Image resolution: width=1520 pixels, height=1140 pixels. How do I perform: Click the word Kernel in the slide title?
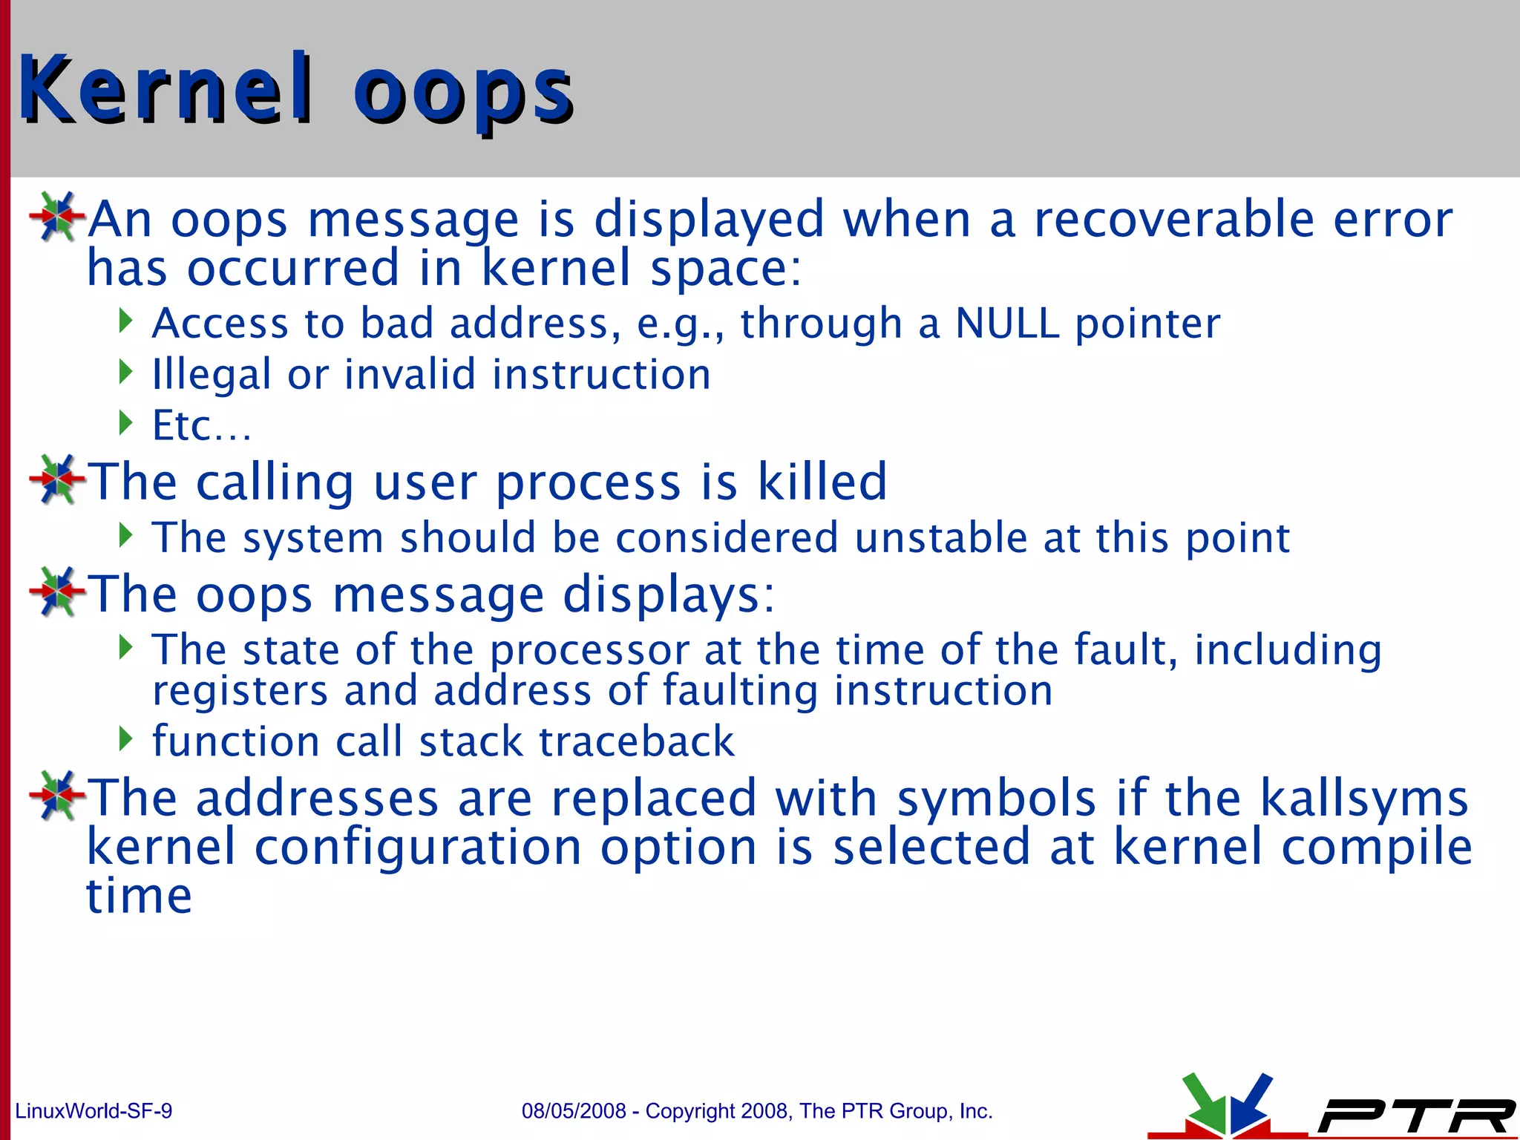click(165, 89)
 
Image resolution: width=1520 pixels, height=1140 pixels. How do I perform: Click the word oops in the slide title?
click(462, 93)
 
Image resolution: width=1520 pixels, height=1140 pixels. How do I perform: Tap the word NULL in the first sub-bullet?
click(1006, 324)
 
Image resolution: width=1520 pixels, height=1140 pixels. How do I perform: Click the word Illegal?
click(211, 375)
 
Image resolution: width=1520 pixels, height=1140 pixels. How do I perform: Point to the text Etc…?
click(201, 426)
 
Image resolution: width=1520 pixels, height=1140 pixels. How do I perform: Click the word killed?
click(822, 482)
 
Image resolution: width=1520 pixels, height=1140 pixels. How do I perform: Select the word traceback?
click(636, 741)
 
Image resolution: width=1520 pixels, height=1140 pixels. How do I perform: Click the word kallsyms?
click(1364, 798)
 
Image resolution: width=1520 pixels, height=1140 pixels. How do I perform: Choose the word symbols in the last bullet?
click(996, 798)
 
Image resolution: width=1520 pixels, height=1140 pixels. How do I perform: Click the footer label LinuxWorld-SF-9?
click(94, 1111)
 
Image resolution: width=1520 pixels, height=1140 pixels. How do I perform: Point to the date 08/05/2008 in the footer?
click(574, 1111)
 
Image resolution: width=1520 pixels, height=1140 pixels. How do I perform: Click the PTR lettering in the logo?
click(1414, 1116)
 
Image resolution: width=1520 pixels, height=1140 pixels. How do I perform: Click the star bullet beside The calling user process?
click(56, 479)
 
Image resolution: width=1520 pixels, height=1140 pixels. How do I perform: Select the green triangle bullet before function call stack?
click(125, 738)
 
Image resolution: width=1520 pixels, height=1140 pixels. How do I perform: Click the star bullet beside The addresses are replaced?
click(56, 795)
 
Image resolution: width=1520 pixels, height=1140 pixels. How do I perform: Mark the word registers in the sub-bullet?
click(240, 691)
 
